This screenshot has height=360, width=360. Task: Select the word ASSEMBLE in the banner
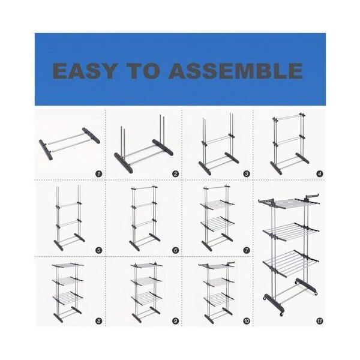[235, 71]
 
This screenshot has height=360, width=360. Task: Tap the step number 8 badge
[98, 321]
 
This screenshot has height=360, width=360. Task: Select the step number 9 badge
[175, 321]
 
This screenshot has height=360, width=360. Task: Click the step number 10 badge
[246, 321]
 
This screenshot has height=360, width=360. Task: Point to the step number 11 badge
[319, 321]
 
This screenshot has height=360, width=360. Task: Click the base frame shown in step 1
[70, 143]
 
